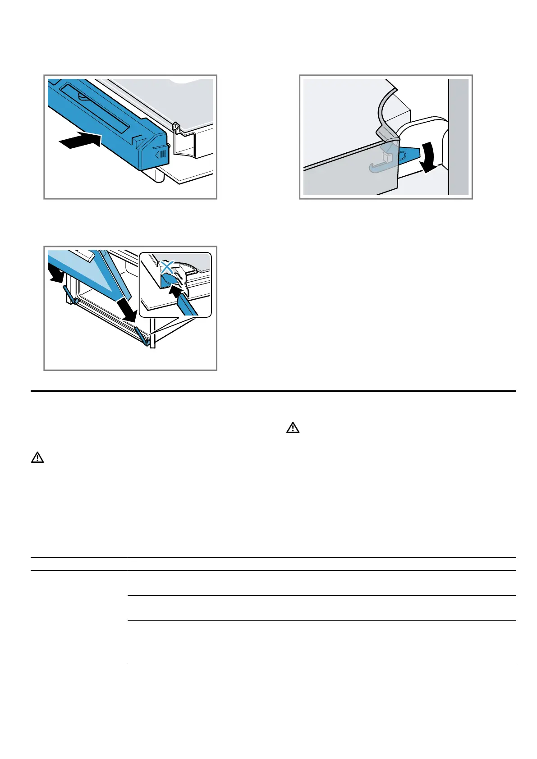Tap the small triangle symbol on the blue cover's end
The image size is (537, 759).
(158, 154)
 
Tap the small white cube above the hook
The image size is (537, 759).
(386, 156)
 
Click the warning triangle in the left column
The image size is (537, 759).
(37, 458)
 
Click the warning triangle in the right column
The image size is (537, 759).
(293, 428)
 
